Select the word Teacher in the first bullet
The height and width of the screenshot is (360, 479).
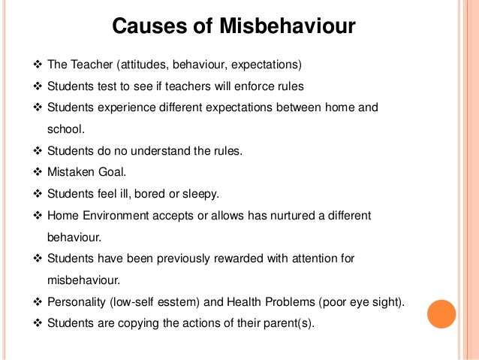point(91,62)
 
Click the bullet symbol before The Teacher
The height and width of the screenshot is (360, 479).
point(38,62)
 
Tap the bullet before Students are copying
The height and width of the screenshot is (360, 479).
point(38,324)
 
